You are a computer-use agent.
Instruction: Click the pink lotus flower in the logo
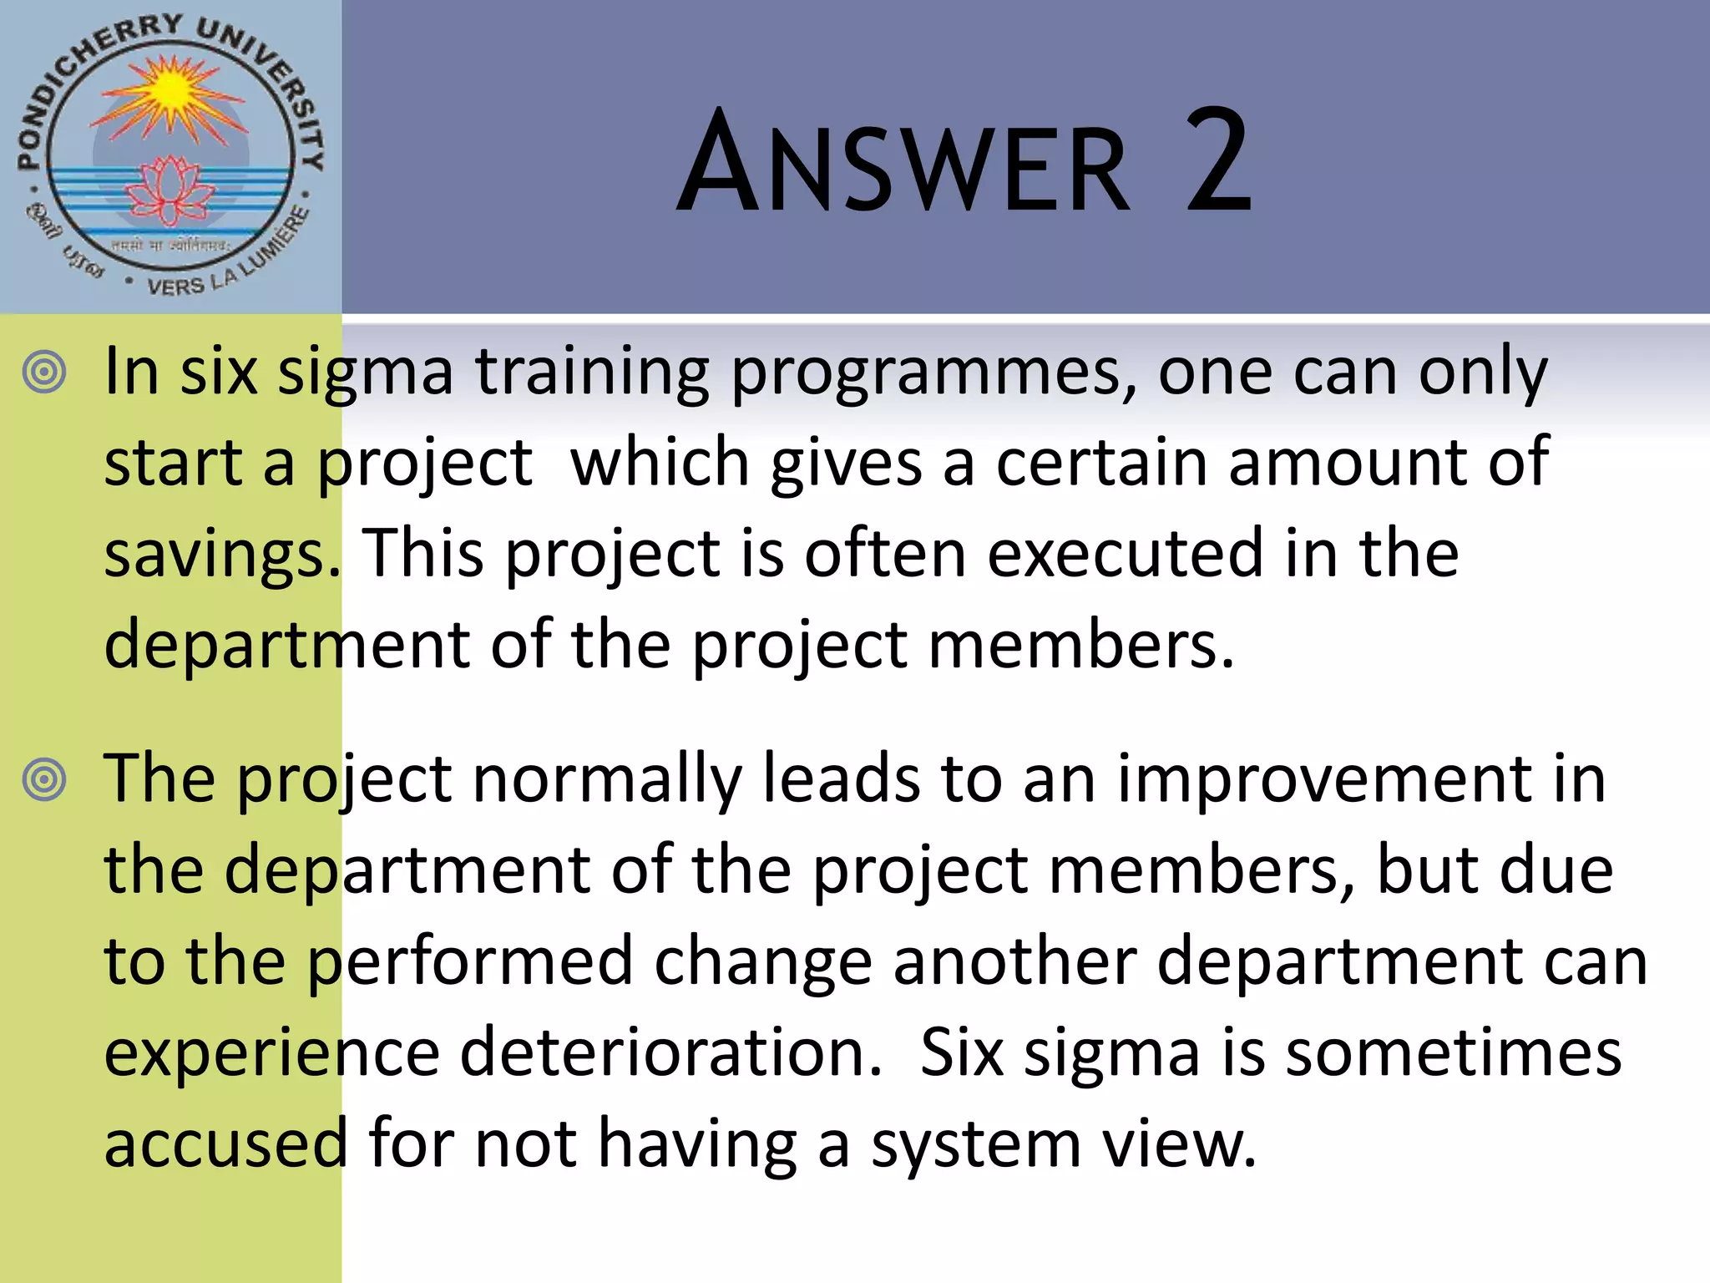[x=172, y=189]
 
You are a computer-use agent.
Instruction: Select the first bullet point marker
[x=44, y=373]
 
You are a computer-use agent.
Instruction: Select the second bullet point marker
[x=44, y=780]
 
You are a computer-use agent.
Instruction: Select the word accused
[x=225, y=1144]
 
